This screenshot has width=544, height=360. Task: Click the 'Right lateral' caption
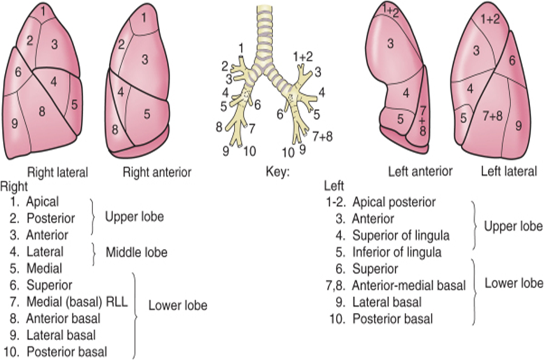57,172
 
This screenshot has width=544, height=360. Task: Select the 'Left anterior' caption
420,171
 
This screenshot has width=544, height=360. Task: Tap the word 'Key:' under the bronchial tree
277,172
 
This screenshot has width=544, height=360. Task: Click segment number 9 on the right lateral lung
14,123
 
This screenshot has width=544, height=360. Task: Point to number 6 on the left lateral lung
512,61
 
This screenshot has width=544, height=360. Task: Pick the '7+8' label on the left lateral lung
493,116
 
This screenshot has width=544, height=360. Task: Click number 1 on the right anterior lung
143,18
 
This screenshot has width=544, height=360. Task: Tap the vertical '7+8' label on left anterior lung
422,120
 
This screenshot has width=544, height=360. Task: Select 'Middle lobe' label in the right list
136,252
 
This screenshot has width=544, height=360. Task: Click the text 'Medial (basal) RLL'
77,301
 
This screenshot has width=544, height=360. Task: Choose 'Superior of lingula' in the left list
401,236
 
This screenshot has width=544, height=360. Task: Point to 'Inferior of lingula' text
397,252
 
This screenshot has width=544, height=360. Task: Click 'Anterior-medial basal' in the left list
409,285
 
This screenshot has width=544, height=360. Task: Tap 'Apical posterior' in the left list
394,202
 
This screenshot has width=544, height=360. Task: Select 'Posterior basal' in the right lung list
66,352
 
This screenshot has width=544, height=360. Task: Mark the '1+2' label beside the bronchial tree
303,56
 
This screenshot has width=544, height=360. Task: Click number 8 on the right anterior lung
115,130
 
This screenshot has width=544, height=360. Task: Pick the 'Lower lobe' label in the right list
178,305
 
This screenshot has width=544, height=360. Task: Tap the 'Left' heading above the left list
334,186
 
